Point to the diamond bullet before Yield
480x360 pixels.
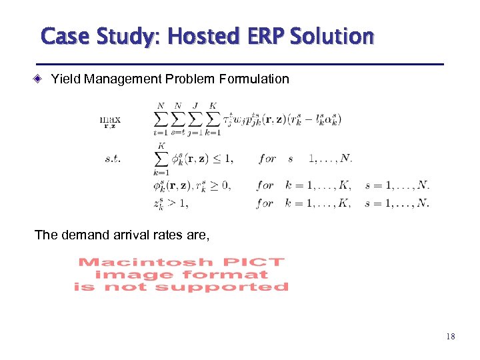click(x=39, y=79)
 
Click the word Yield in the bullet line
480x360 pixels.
click(x=64, y=79)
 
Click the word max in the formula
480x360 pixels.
click(x=110, y=120)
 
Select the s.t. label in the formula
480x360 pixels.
click(x=113, y=159)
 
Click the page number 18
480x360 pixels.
click(x=450, y=337)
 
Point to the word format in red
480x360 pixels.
click(x=225, y=274)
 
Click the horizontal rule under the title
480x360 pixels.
click(x=240, y=64)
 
